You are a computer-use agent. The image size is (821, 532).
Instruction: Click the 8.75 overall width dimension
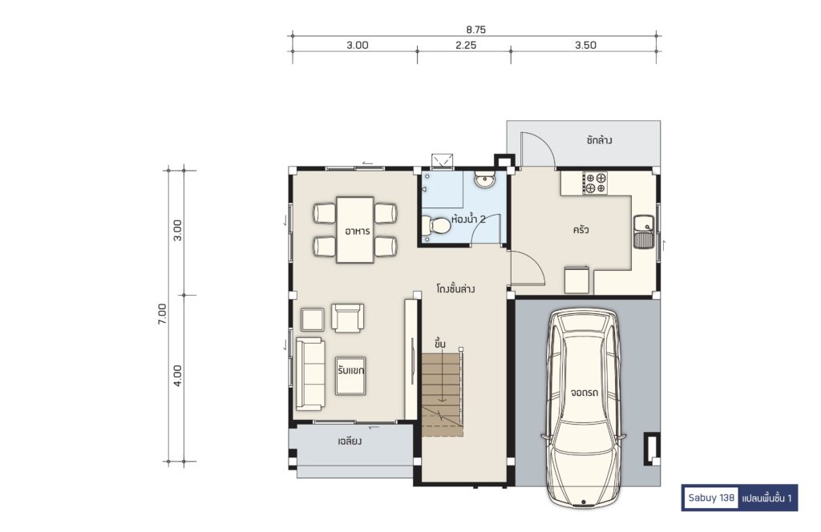(x=475, y=30)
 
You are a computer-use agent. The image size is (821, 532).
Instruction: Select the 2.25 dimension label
(x=466, y=46)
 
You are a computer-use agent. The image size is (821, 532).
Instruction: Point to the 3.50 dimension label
(x=585, y=46)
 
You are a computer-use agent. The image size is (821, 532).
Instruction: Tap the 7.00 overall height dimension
(x=162, y=314)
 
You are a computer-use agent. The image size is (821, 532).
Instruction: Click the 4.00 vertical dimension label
(x=178, y=375)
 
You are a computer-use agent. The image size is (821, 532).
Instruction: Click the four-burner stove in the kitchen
(x=596, y=183)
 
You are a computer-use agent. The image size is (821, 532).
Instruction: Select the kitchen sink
(x=643, y=231)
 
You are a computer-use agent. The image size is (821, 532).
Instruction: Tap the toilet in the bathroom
(x=436, y=226)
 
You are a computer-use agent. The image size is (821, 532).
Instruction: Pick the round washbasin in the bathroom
(x=484, y=180)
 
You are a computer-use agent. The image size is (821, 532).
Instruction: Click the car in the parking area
(x=584, y=408)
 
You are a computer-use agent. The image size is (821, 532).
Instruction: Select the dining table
(x=355, y=230)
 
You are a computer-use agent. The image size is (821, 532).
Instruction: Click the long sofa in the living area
(x=310, y=373)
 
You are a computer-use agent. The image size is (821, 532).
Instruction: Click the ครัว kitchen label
(x=580, y=230)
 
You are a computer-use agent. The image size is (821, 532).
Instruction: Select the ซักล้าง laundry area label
(x=600, y=140)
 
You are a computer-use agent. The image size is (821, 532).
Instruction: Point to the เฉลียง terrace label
(x=350, y=441)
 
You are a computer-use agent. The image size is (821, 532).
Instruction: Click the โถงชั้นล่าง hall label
(x=455, y=288)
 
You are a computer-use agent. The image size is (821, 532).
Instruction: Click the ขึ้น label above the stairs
(x=440, y=344)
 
